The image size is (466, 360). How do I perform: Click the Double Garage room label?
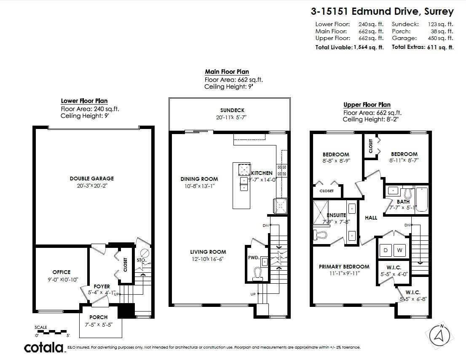(x=91, y=178)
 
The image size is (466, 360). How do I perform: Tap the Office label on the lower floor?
(x=62, y=272)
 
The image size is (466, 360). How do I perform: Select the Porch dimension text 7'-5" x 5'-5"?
(x=99, y=325)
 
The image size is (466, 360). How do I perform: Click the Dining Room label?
(x=199, y=179)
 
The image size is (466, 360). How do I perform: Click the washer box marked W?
(x=400, y=250)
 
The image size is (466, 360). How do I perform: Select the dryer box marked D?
(x=385, y=250)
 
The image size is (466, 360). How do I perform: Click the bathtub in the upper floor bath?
(x=421, y=200)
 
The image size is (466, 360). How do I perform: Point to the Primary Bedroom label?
(x=344, y=266)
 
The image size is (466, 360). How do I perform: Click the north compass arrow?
(x=439, y=335)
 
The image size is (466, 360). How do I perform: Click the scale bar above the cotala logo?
(x=51, y=331)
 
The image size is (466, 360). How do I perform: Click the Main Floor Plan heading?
(x=227, y=72)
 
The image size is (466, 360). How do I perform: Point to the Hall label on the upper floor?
(x=371, y=218)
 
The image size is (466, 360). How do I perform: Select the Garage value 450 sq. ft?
(x=442, y=38)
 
